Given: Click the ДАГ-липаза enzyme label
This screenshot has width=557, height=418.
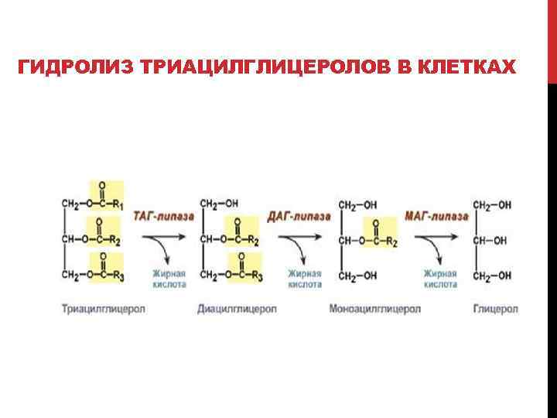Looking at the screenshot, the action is coord(299,215).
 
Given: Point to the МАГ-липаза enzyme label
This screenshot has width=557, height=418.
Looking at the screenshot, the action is coord(436,215).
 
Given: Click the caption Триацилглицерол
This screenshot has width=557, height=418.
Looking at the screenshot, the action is coord(103,309).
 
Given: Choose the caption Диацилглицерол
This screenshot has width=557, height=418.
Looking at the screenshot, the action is coord(237,309).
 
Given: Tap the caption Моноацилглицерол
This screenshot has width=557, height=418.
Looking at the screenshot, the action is coord(375,309).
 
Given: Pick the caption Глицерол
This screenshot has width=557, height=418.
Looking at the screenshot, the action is coord(495,309).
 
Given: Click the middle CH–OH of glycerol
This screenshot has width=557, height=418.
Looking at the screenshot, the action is coord(492,241).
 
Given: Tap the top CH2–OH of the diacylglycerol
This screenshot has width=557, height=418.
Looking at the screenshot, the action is coord(219,204).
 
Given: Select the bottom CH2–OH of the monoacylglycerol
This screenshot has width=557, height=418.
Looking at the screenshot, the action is coord(358,276).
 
